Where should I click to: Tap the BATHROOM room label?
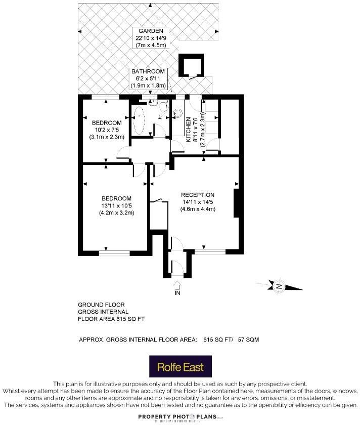click(x=148, y=72)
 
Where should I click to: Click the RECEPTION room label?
click(x=198, y=195)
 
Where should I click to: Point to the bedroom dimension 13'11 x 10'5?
click(x=116, y=205)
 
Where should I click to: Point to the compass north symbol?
click(x=279, y=286)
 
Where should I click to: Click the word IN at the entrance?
click(x=177, y=293)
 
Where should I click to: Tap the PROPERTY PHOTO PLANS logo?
click(x=180, y=417)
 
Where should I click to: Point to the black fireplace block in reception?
click(x=236, y=203)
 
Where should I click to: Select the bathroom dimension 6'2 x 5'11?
click(x=149, y=78)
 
